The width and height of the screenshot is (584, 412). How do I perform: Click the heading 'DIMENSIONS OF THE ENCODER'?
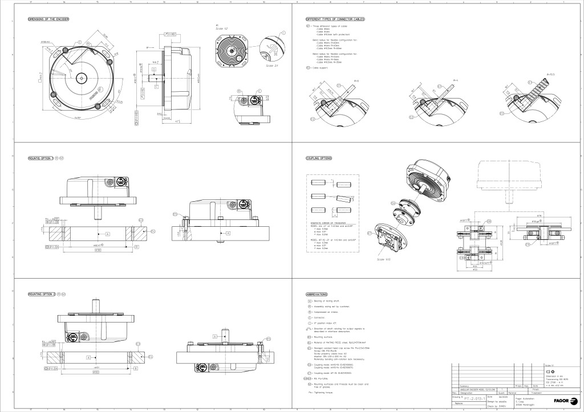pyautogui.click(x=49, y=19)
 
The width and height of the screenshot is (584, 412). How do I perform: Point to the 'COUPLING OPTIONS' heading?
pyautogui.click(x=319, y=158)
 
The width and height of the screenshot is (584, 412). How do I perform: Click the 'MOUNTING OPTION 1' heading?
pyautogui.click(x=40, y=157)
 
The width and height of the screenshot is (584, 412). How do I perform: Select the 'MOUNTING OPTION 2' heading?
pyautogui.click(x=41, y=293)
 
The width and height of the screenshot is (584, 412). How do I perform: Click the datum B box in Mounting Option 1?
pyautogui.click(x=137, y=247)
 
